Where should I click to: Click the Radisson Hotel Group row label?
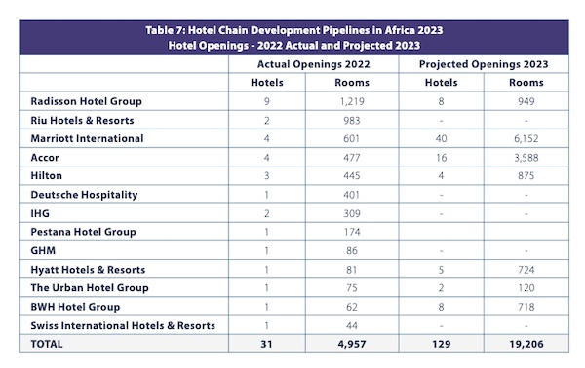(86, 101)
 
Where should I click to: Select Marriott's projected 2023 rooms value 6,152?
(526, 139)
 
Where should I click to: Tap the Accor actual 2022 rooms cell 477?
(352, 158)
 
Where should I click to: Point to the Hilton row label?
(46, 176)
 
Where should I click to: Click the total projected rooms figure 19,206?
(526, 344)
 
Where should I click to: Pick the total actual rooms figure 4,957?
(352, 344)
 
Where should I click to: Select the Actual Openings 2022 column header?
(313, 64)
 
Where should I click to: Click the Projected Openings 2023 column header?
(484, 64)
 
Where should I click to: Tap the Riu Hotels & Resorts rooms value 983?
(352, 121)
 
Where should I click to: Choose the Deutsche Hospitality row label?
(84, 195)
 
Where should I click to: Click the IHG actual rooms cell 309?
(352, 213)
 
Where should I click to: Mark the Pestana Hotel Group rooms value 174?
(352, 232)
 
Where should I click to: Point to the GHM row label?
(43, 250)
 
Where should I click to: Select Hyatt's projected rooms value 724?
(526, 270)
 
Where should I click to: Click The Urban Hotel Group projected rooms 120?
(526, 288)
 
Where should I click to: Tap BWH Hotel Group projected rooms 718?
(526, 307)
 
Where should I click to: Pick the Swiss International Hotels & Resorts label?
(123, 325)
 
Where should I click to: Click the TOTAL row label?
(47, 344)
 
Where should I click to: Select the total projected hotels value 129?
(442, 344)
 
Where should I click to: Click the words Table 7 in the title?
(163, 30)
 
